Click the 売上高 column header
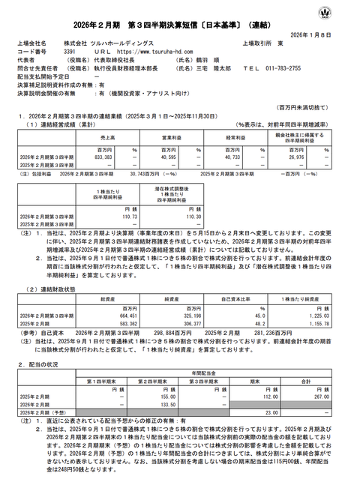pyautogui.click(x=107, y=139)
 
